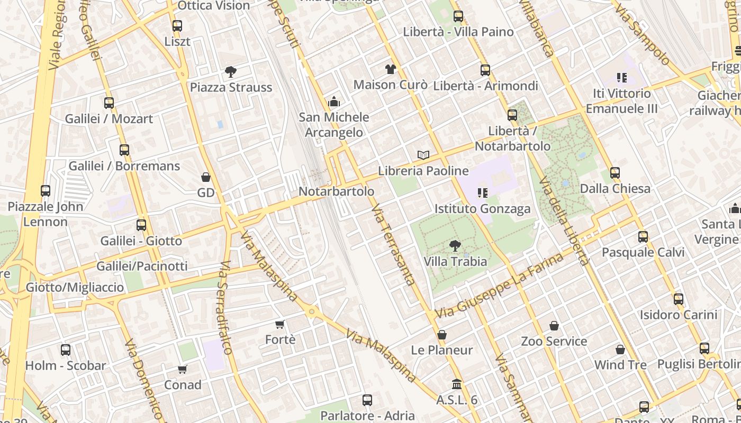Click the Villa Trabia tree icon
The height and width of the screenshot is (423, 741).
pos(455,245)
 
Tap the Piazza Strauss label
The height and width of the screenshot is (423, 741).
pos(231,87)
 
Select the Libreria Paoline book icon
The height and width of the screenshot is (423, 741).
pos(423,155)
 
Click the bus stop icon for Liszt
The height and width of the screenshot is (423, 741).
pos(177,25)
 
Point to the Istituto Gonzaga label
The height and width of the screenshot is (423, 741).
pos(482,209)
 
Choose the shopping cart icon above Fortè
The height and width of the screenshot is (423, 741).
pos(280,324)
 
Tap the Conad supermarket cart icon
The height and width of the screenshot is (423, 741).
pos(183,369)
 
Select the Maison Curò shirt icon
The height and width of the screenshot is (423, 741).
pos(391,69)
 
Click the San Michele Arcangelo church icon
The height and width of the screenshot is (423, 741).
pos(334,101)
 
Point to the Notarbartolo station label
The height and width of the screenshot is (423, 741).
pos(337,191)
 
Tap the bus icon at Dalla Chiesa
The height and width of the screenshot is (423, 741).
pos(615,173)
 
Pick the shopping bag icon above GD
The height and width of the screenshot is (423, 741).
pos(206,177)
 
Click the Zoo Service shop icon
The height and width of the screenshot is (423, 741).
pos(554,326)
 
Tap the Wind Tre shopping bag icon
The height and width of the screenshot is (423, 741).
pos(620,350)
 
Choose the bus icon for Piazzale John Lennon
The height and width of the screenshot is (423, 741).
pos(46,190)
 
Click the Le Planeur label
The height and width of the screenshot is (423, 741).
pos(442,350)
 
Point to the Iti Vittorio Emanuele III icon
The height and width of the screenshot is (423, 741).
pos(622,78)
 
